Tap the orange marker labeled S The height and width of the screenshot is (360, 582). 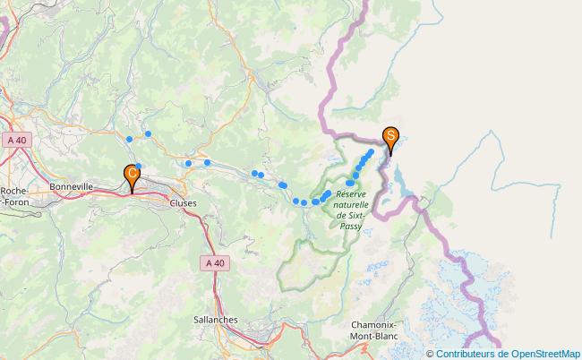coord(391,138)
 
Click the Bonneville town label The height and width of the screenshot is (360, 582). coord(72,186)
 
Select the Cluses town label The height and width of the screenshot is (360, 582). coord(183,203)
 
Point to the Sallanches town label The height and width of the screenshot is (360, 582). coord(215,319)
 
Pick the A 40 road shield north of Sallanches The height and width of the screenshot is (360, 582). coord(214,262)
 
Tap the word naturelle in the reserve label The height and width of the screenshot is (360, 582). coord(351,205)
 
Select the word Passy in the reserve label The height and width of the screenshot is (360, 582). coord(351,226)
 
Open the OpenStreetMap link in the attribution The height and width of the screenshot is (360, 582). coord(543,354)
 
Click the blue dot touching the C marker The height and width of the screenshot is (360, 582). coord(139,167)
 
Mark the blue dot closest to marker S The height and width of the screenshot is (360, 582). coord(370,152)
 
